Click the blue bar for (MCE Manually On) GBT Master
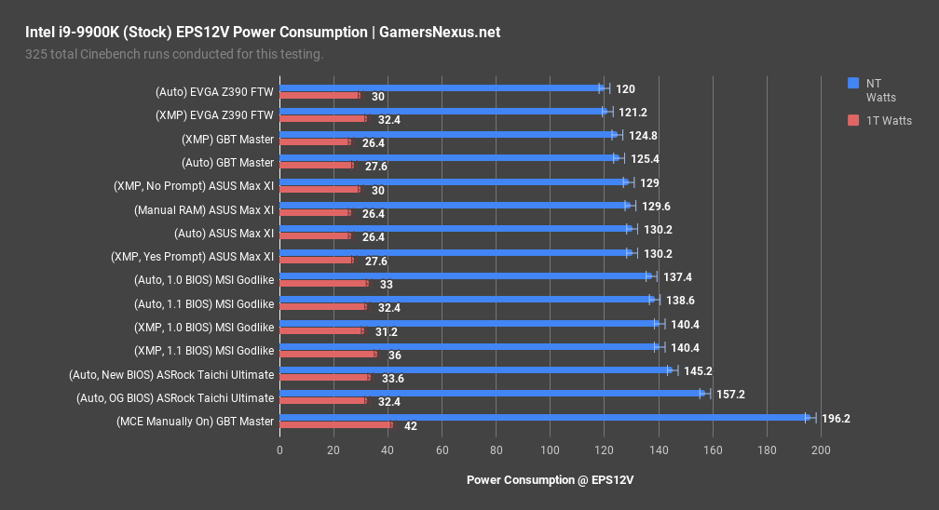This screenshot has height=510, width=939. coord(545,418)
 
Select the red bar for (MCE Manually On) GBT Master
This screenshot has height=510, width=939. coord(335,425)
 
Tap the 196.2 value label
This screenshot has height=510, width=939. coord(836,419)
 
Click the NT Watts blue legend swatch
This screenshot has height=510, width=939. coord(852,83)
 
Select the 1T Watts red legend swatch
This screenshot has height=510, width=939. coord(852,121)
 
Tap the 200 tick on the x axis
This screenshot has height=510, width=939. coord(821,450)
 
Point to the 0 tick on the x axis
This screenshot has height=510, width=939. coord(279,450)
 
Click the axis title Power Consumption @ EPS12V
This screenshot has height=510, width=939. coord(550,480)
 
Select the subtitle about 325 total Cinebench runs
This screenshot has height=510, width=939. coord(174,54)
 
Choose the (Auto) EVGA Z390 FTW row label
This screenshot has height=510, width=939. coord(214,91)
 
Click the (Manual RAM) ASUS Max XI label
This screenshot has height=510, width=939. coord(204,209)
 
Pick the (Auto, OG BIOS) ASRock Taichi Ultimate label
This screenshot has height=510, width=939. coord(175,397)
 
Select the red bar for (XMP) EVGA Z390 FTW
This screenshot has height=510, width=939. coord(322,119)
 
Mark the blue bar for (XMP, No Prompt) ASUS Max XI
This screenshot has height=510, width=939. coord(453,182)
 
